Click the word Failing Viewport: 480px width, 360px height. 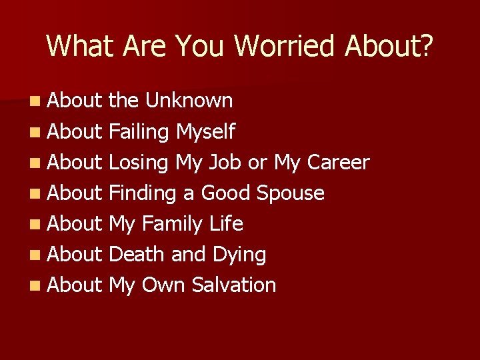click(x=139, y=131)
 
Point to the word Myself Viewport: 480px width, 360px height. click(x=205, y=131)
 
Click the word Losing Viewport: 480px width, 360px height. click(x=139, y=162)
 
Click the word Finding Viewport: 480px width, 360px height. click(x=142, y=193)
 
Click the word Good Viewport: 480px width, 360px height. click(x=225, y=193)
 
